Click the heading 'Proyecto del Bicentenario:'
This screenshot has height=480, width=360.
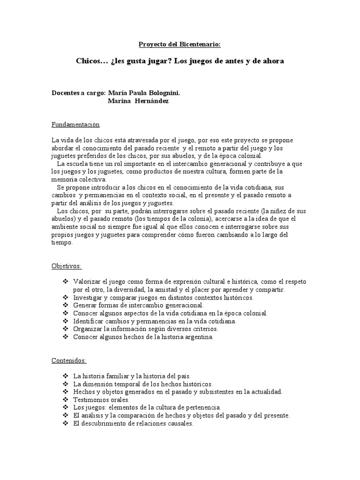click(x=180, y=45)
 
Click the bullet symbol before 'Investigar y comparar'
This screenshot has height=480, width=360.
click(x=64, y=298)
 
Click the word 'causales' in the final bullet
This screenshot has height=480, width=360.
click(x=180, y=423)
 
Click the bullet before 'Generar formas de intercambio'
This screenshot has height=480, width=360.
click(x=64, y=306)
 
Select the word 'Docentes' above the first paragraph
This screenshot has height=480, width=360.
click(x=65, y=93)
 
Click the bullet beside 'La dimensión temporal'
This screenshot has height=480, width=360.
click(x=64, y=384)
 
